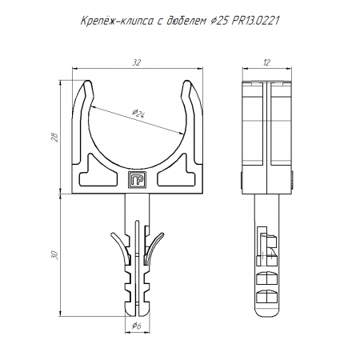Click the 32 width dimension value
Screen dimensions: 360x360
136,62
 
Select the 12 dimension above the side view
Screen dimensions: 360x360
266,62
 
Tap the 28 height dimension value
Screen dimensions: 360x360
56,137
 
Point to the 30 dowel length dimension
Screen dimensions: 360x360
55,255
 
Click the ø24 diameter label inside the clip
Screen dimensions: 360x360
138,114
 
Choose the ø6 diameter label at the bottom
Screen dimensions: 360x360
137,326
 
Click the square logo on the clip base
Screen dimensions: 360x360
137,179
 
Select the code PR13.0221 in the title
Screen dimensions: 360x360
255,21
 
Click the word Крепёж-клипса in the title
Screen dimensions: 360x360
117,21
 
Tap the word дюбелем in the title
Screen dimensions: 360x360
186,21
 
